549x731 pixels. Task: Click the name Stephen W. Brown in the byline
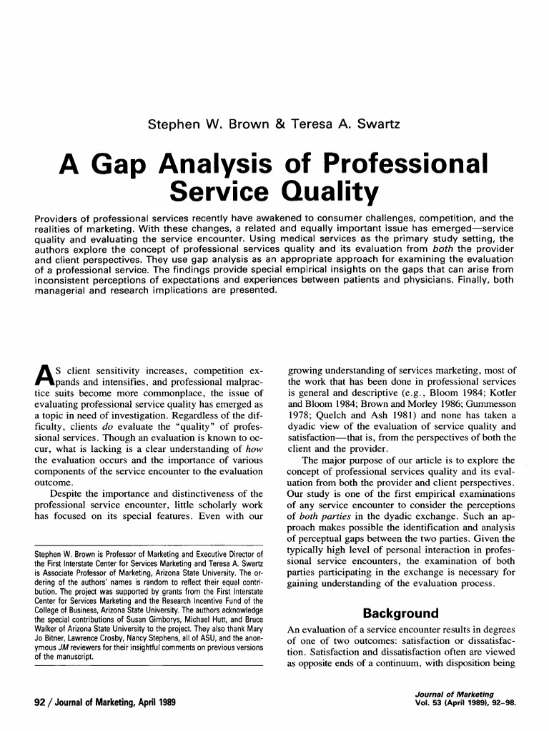coord(199,124)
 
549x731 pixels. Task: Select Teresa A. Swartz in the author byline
coord(348,124)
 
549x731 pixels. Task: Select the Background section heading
coord(400,614)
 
